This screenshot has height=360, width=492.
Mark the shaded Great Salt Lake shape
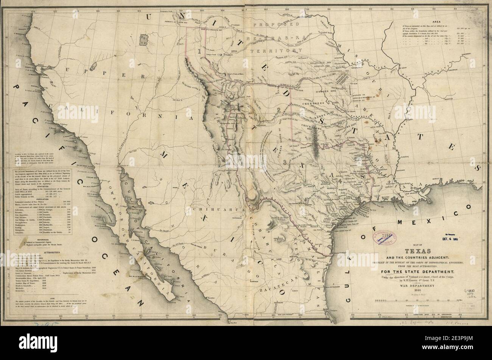click(x=144, y=40)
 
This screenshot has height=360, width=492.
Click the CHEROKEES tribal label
click(x=313, y=103)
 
